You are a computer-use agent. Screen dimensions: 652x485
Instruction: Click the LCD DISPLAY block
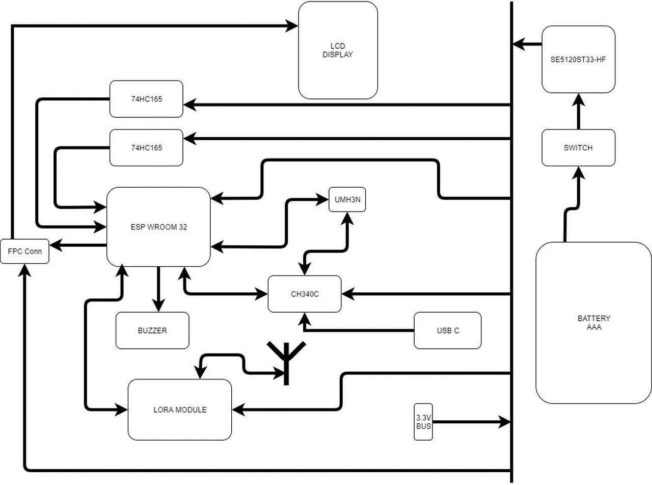coord(338,50)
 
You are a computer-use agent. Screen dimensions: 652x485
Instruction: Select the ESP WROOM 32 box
coord(158,226)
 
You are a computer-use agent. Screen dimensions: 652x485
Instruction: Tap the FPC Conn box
coord(24,251)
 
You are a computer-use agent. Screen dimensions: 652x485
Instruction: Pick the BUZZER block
coord(152,330)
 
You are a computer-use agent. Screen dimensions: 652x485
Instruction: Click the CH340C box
coord(305,294)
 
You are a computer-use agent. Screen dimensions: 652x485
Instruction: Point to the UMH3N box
coord(347,199)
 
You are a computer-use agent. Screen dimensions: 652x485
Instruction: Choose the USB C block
coord(447,330)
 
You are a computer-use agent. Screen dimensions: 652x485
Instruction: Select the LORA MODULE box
coord(180,410)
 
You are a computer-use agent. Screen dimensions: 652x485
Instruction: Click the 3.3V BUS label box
coord(423,422)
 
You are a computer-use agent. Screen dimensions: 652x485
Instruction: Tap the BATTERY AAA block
coord(594,322)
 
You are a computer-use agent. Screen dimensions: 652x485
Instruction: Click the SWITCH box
coord(578,147)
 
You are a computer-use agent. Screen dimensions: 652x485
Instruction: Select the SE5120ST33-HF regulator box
coord(578,59)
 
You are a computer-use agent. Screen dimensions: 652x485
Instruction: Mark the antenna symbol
coord(286,364)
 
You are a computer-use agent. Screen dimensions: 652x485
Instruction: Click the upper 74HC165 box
coord(146,99)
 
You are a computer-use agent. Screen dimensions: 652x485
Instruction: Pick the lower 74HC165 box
coord(146,147)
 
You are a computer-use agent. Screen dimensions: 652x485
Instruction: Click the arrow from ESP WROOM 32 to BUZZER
coord(158,289)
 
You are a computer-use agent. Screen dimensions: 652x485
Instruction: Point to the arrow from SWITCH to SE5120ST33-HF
coord(579,111)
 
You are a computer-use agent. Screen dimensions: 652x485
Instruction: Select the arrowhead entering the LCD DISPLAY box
coord(291,26)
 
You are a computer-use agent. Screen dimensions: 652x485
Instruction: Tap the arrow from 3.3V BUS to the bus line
coord(472,422)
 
